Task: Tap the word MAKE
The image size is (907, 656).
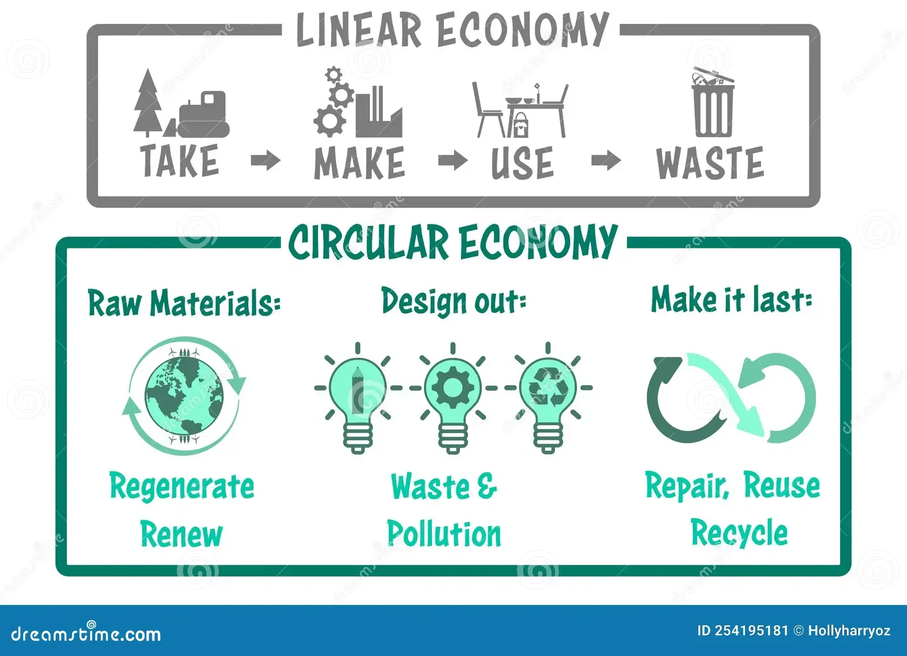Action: pyautogui.click(x=359, y=163)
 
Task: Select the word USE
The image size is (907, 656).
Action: pyautogui.click(x=522, y=163)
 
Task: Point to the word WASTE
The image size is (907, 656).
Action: pyautogui.click(x=710, y=163)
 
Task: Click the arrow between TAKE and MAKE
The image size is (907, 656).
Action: pyautogui.click(x=265, y=160)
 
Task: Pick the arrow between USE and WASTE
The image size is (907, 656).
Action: pyautogui.click(x=606, y=160)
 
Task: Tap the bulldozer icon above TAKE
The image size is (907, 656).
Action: pyautogui.click(x=204, y=115)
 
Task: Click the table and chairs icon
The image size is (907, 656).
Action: pyautogui.click(x=520, y=111)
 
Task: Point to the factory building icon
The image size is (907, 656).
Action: pyautogui.click(x=379, y=113)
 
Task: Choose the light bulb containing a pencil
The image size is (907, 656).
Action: pyautogui.click(x=358, y=397)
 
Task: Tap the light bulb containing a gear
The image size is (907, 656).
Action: pyautogui.click(x=452, y=397)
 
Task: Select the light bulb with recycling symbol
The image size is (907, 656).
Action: pyautogui.click(x=547, y=397)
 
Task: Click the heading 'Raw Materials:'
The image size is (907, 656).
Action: pyautogui.click(x=184, y=303)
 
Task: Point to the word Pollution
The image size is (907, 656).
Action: pyautogui.click(x=444, y=534)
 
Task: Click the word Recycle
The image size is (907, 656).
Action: pyautogui.click(x=739, y=532)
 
